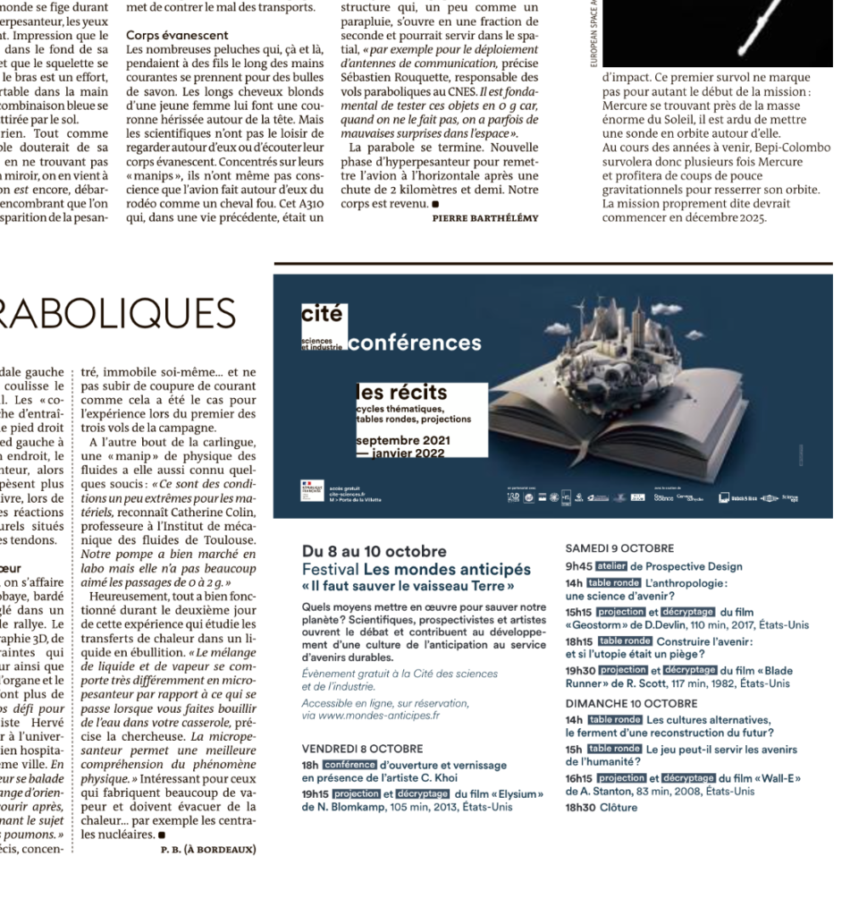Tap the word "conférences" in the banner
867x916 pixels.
pos(414,343)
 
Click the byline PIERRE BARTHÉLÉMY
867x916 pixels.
pos(485,217)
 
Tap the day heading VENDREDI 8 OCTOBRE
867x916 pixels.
pos(362,748)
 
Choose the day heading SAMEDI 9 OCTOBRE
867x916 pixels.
pos(619,548)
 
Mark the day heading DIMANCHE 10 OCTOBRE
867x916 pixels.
pos(624,704)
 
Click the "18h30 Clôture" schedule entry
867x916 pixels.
pos(602,808)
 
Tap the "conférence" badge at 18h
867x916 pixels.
pos(350,765)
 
